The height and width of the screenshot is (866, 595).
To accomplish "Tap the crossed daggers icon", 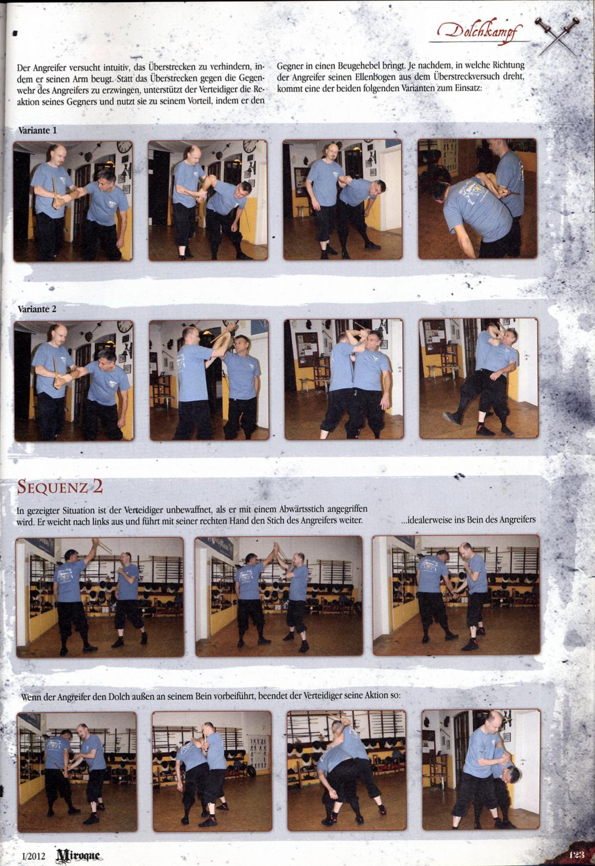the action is pyautogui.click(x=558, y=36).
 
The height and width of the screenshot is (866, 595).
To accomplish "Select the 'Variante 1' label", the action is pyautogui.click(x=37, y=131).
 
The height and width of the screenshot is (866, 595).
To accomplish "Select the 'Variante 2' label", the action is pyautogui.click(x=37, y=309).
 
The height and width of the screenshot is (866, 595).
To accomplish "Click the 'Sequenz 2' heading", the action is pyautogui.click(x=60, y=487).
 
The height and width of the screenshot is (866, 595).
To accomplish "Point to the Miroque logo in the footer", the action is pyautogui.click(x=79, y=854).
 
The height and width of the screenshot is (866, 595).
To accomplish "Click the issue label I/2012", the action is pyautogui.click(x=34, y=856).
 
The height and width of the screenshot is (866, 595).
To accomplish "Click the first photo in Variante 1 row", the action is pyautogui.click(x=73, y=201).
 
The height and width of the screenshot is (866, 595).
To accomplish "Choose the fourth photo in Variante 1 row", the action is pyautogui.click(x=477, y=198).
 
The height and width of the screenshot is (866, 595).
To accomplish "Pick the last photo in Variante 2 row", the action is pyautogui.click(x=479, y=378).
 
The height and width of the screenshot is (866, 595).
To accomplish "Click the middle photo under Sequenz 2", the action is pyautogui.click(x=279, y=596).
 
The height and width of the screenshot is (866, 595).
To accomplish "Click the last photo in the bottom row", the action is pyautogui.click(x=481, y=770).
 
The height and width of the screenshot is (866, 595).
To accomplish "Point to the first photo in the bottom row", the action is pyautogui.click(x=77, y=772).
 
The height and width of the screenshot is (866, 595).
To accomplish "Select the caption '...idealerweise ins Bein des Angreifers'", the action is pyautogui.click(x=468, y=519).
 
